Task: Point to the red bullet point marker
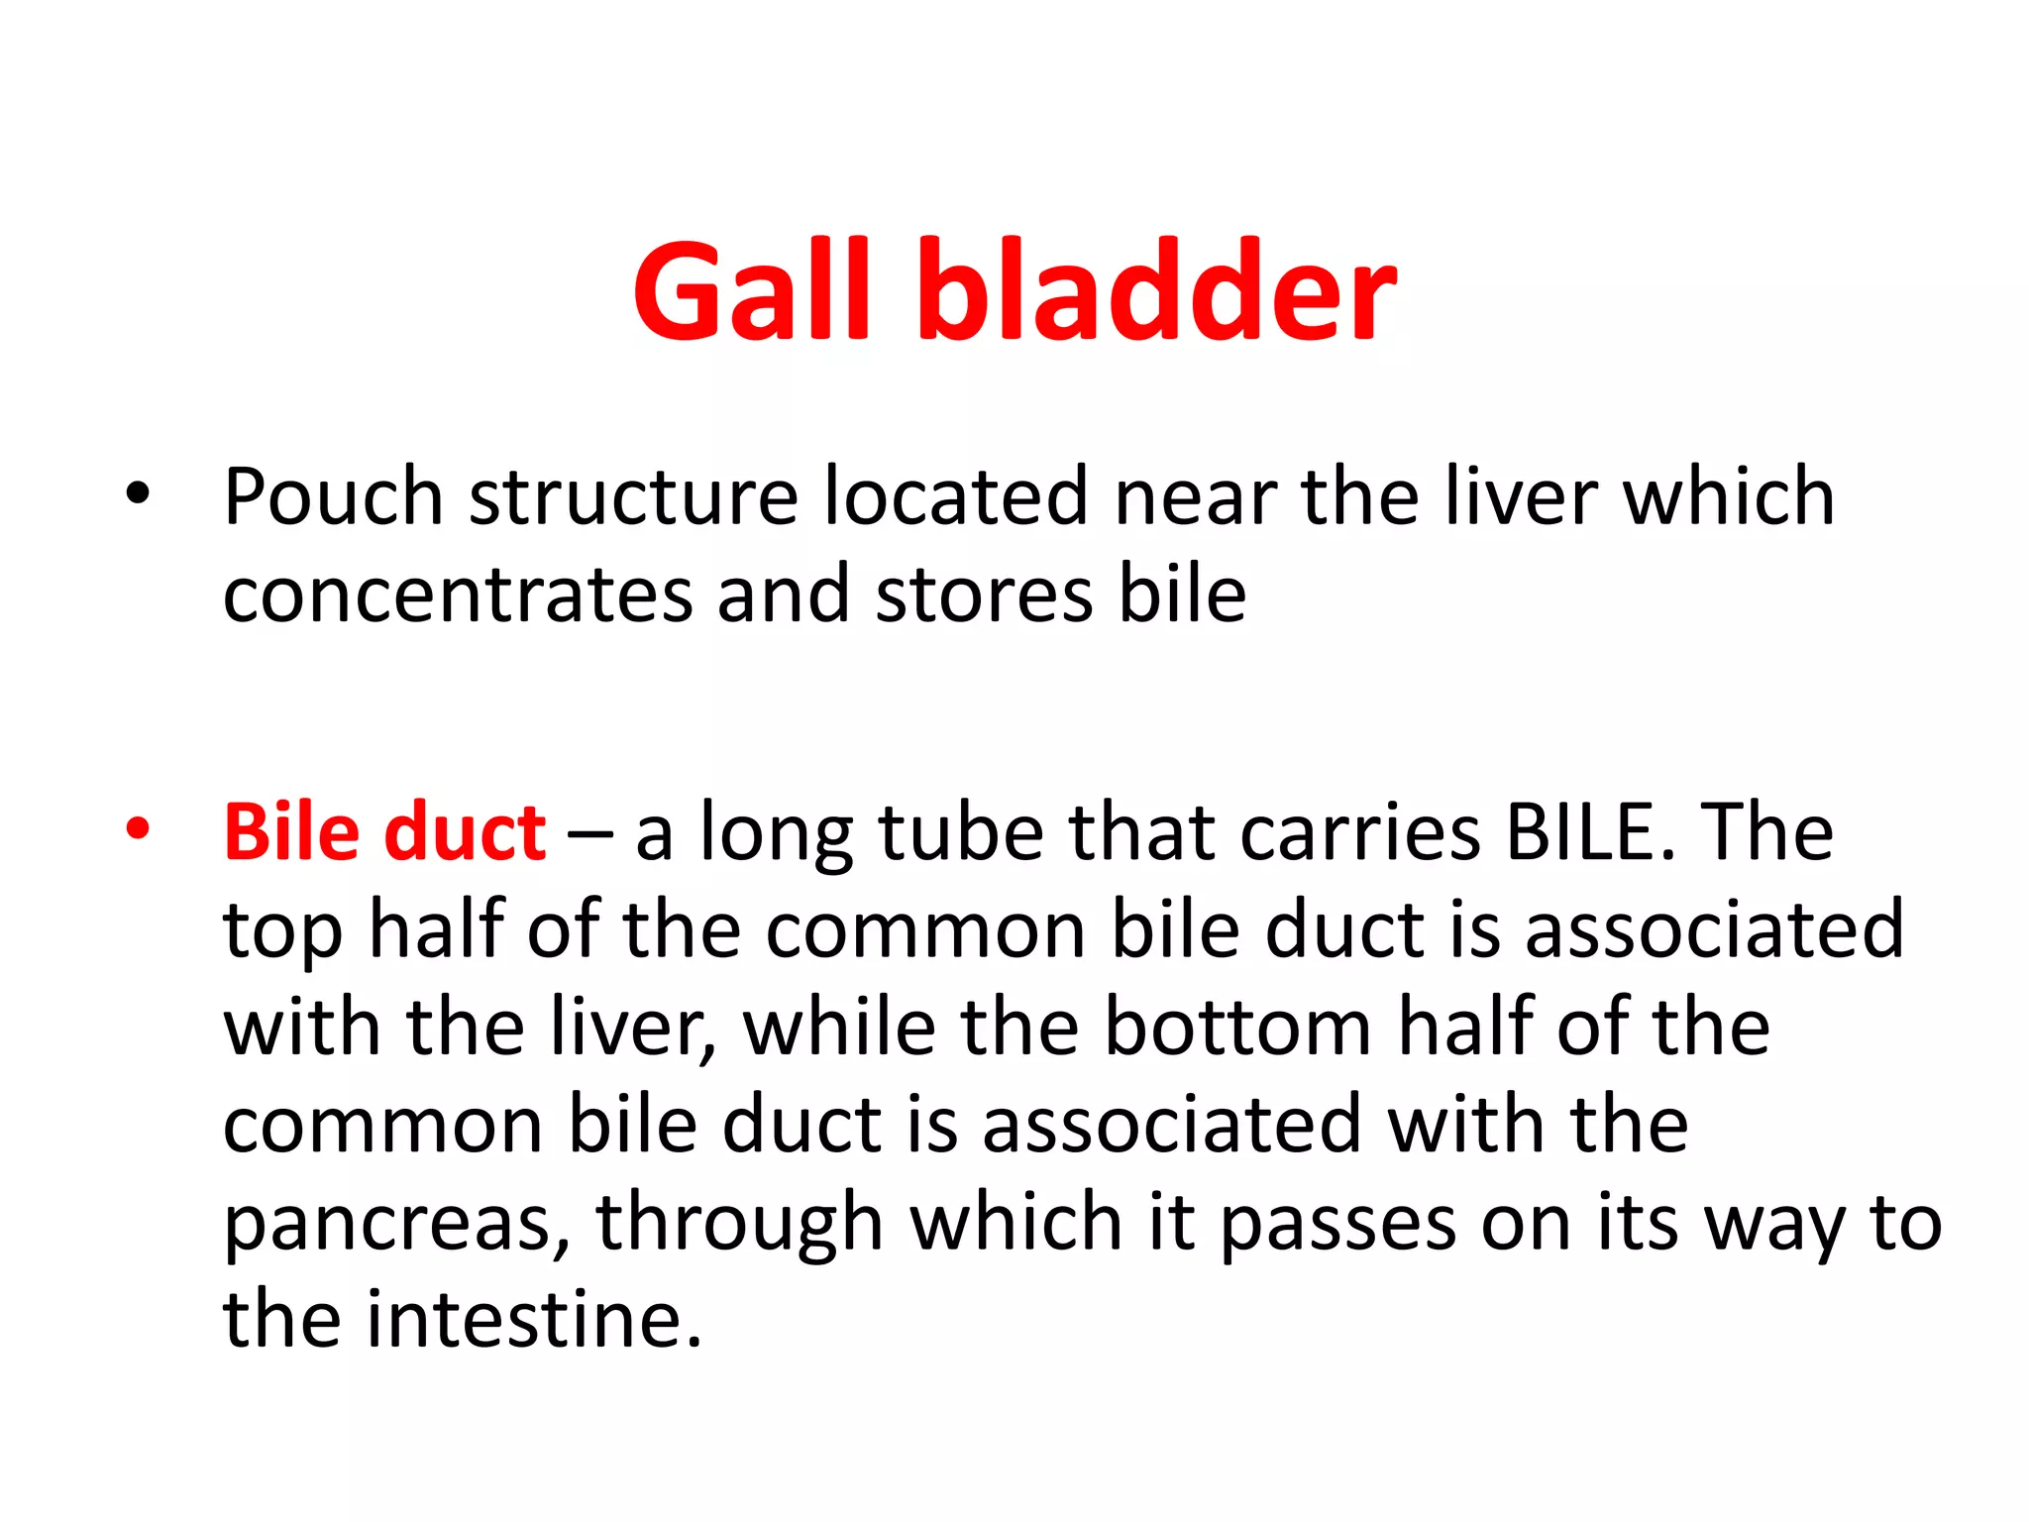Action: [138, 828]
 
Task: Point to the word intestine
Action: [534, 1319]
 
